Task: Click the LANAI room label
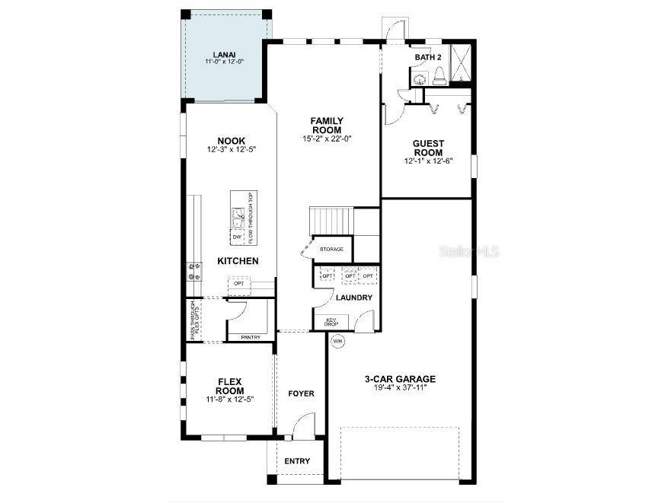point(224,55)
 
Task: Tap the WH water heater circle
point(337,342)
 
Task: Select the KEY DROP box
point(331,322)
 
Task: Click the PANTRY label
point(250,337)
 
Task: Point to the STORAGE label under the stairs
point(331,249)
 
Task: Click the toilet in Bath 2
point(439,75)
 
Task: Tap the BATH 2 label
point(427,57)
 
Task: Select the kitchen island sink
point(238,218)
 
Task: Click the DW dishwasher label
point(236,237)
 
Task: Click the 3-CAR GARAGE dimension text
point(399,387)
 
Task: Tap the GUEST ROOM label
point(428,148)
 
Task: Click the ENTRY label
point(297,461)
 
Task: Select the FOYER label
point(301,393)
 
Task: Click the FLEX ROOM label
point(229,386)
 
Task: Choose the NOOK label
point(231,141)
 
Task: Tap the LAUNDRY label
point(354,298)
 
